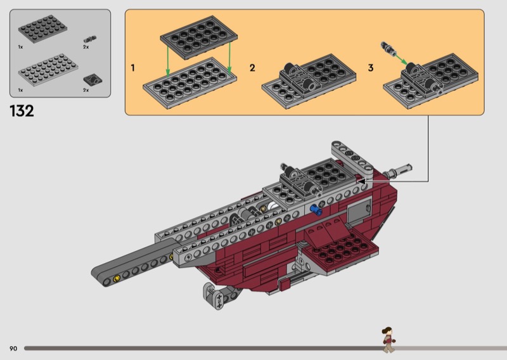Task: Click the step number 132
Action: coord(22,111)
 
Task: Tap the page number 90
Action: coord(13,349)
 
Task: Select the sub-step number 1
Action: coord(132,68)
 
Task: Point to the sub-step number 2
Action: coord(252,68)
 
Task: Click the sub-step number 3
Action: coord(371,68)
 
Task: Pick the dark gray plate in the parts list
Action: coord(42,29)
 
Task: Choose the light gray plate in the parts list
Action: coord(48,70)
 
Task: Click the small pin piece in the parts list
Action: coord(90,39)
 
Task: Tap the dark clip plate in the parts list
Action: coord(93,80)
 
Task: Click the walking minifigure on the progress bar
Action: coord(388,339)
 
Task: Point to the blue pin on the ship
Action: coord(316,210)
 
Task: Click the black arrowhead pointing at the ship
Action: coord(362,181)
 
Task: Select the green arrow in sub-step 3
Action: coord(401,60)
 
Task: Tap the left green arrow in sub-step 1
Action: coord(167,60)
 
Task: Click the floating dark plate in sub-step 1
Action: coord(198,37)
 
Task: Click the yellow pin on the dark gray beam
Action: coord(117,278)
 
